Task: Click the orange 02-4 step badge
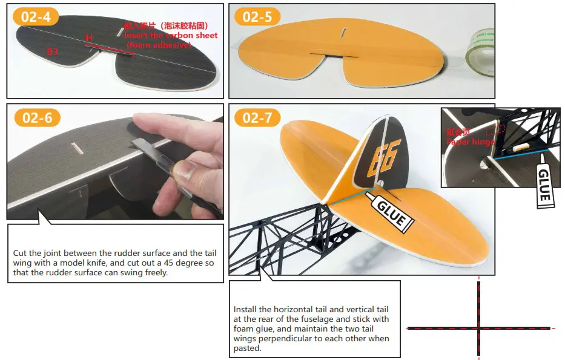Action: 36,16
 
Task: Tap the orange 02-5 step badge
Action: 257,16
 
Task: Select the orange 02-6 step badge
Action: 36,117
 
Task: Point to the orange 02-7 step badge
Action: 257,117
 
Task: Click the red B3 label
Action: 53,52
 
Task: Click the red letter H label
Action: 89,38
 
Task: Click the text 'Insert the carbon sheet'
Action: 171,35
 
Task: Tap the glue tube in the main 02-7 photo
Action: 391,212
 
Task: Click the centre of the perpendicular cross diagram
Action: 479,329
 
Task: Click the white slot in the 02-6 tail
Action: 77,146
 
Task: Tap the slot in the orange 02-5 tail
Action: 343,32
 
